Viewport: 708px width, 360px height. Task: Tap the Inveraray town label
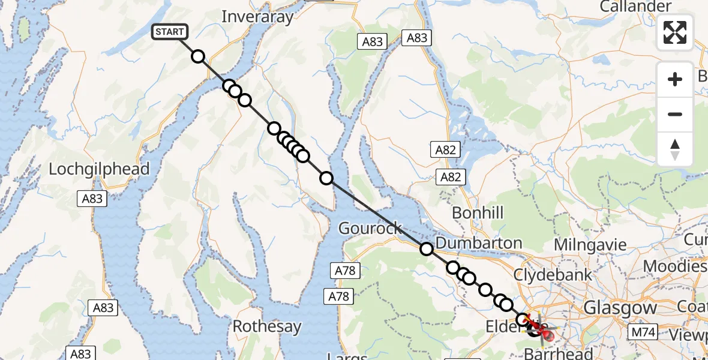(x=257, y=17)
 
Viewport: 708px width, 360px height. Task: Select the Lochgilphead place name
(x=99, y=169)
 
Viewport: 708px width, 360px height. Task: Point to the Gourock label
(x=370, y=228)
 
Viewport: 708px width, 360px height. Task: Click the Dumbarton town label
(x=479, y=243)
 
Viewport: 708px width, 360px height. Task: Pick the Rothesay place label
(x=266, y=327)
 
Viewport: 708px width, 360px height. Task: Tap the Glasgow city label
(x=620, y=308)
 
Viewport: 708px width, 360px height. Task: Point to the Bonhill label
(x=478, y=212)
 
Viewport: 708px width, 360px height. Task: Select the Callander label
(x=635, y=7)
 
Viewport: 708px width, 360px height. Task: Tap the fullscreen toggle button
(x=675, y=32)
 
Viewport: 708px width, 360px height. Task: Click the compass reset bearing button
(x=675, y=149)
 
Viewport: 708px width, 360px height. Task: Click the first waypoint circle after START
(x=197, y=57)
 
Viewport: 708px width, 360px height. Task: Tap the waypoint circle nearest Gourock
(x=426, y=249)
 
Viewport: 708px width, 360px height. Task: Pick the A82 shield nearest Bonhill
(x=451, y=176)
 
